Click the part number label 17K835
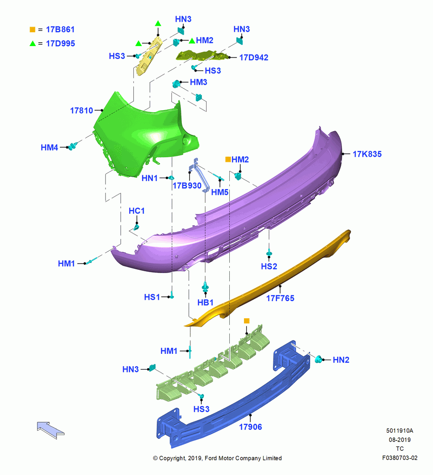[x=367, y=154]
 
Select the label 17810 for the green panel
[x=82, y=111]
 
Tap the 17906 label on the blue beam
[x=250, y=427]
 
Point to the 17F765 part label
[x=280, y=298]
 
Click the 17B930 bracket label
[x=187, y=185]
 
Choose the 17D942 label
[x=254, y=57]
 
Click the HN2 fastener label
[x=341, y=360]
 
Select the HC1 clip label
[x=137, y=211]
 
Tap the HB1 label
[x=205, y=303]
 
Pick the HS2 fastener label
[x=269, y=266]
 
